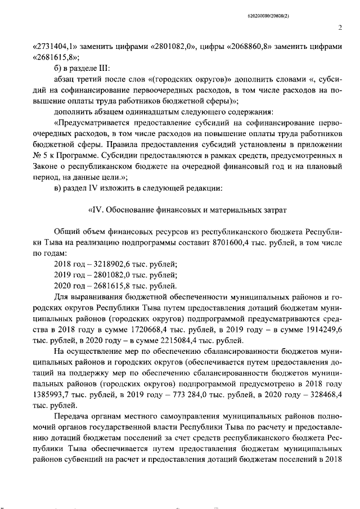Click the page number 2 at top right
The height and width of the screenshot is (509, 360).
(340, 26)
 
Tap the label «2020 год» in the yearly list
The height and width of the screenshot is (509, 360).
(68, 285)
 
